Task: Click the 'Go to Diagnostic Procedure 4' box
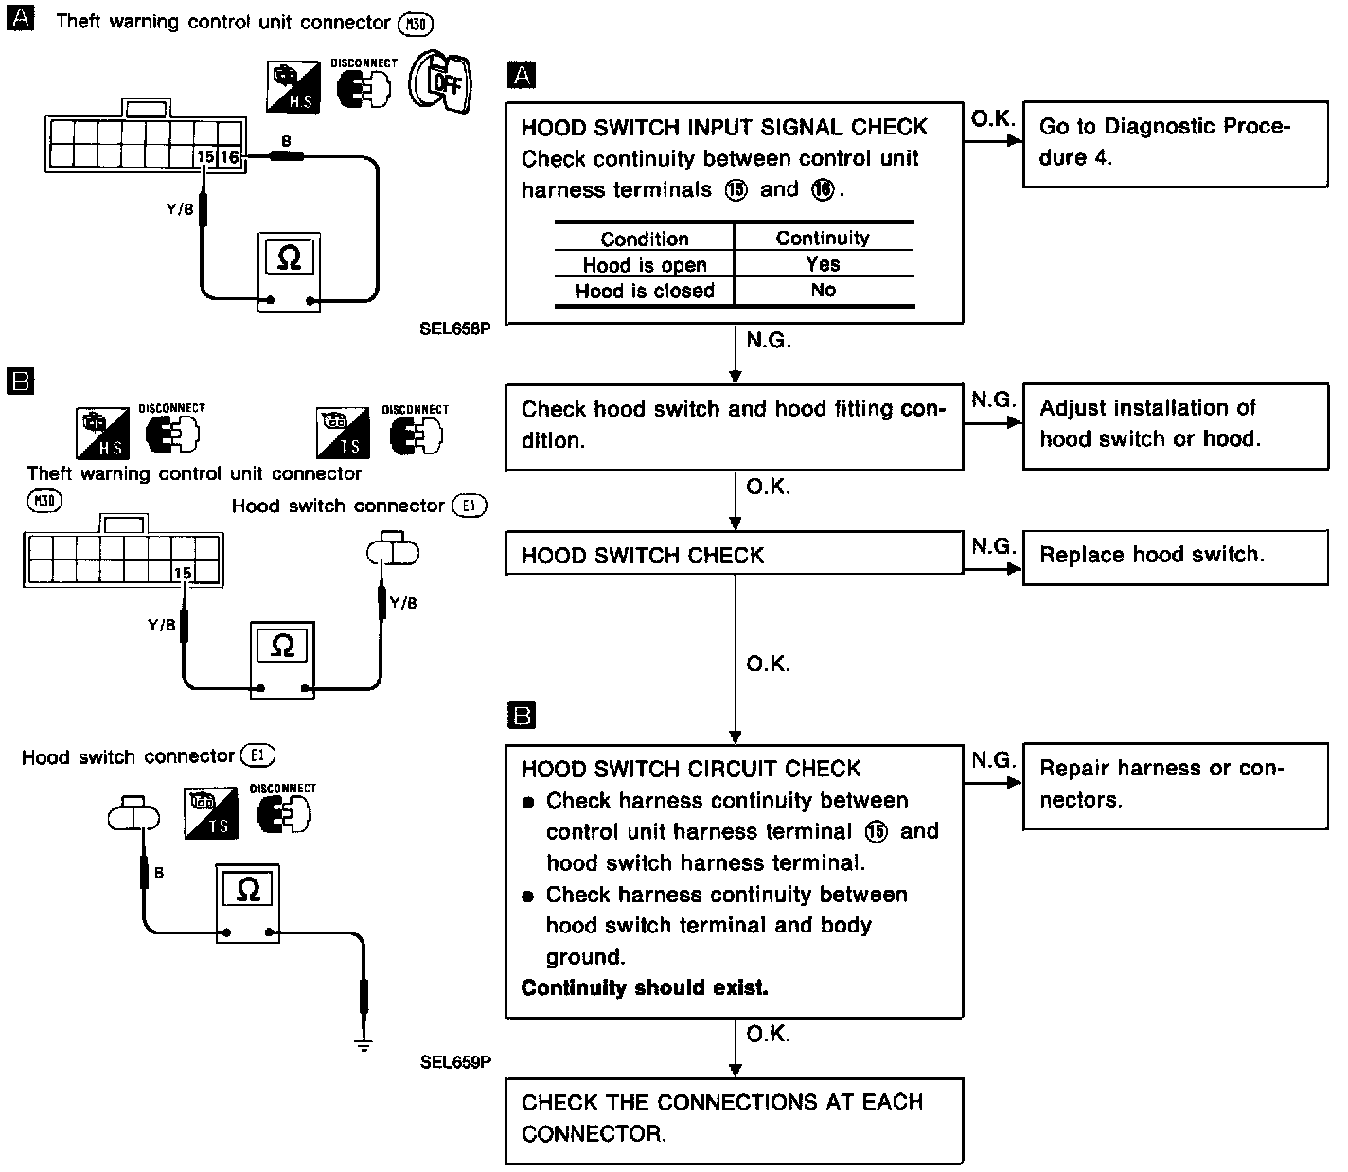pyautogui.click(x=1175, y=144)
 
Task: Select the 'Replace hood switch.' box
pyautogui.click(x=1175, y=556)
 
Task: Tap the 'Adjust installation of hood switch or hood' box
pyautogui.click(x=1175, y=425)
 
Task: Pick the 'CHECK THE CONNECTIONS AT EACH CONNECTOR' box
pyautogui.click(x=734, y=1119)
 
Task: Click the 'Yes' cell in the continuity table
pyautogui.click(x=823, y=264)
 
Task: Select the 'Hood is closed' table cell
pyautogui.click(x=645, y=292)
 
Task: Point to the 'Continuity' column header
pyautogui.click(x=823, y=239)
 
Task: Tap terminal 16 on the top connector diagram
pyautogui.click(x=230, y=157)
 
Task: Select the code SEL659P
pyautogui.click(x=455, y=1062)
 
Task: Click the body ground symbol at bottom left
pyautogui.click(x=364, y=1044)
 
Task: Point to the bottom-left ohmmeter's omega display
pyautogui.click(x=248, y=890)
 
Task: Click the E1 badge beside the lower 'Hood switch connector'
pyautogui.click(x=257, y=755)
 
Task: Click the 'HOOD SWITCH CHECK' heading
pyautogui.click(x=643, y=556)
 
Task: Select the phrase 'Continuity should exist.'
pyautogui.click(x=645, y=988)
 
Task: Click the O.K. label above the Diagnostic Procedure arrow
pyautogui.click(x=991, y=118)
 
